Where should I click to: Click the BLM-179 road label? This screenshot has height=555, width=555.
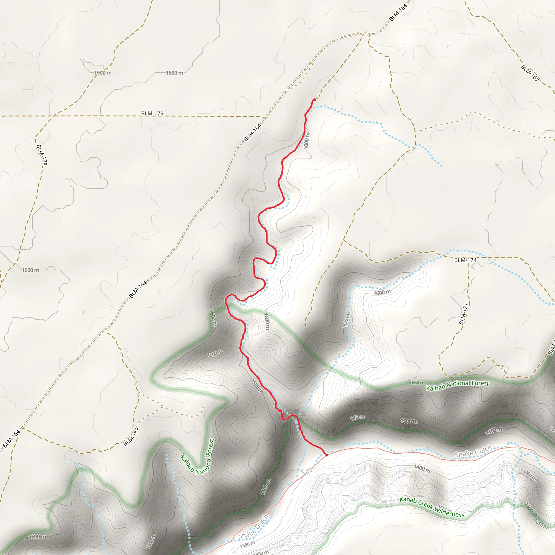pos(152,114)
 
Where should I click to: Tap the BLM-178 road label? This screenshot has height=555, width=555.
pos(41,155)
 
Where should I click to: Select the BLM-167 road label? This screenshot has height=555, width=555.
pos(530,73)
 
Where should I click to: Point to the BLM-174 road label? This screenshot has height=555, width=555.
pos(465,260)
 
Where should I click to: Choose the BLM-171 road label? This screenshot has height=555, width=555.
pos(463,314)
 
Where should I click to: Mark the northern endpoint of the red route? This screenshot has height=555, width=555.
pos(315,100)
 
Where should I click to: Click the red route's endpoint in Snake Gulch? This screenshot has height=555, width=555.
pos(327,455)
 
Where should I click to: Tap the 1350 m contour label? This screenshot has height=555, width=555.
pos(247,544)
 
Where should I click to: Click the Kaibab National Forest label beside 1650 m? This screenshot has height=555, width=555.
pos(457,386)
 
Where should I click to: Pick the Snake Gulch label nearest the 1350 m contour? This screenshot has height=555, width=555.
pos(253,527)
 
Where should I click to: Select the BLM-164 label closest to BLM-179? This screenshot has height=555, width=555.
pos(253,132)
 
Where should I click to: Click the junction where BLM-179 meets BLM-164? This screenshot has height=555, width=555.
pos(265,117)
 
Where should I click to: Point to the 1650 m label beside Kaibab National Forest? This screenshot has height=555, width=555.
pos(417,383)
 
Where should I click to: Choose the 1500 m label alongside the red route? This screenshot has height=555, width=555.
pos(257,387)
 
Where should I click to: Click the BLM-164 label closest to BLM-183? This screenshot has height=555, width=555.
pos(11,439)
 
